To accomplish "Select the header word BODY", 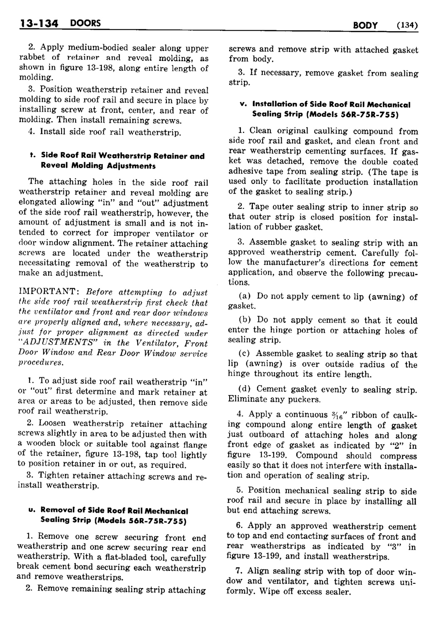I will click(x=365, y=26).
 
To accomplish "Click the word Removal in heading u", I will click(x=56, y=511).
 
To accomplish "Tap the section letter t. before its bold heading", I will click(x=32, y=156).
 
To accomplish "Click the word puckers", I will click(x=306, y=399).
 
